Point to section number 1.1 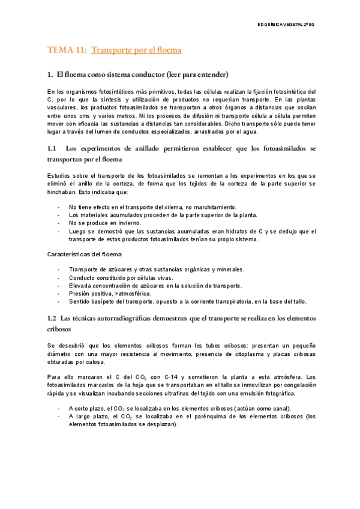click(x=52, y=148)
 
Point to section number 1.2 click(x=52, y=317)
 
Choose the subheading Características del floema click(x=84, y=254)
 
